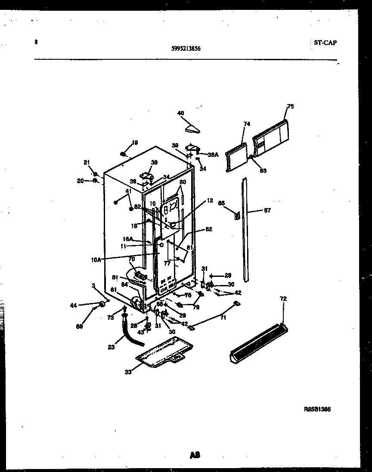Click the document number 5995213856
186,49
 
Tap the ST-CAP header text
323,43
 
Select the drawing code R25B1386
318,410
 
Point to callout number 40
180,113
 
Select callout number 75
290,107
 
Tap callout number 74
247,124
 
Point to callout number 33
128,372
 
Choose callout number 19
135,143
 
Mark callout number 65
221,203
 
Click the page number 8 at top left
36,42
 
